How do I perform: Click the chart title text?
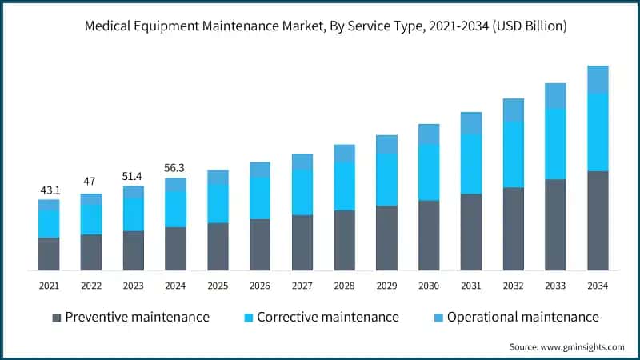pyautogui.click(x=320, y=26)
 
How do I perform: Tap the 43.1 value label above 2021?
pyautogui.click(x=49, y=190)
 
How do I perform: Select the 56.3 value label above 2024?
pyautogui.click(x=175, y=168)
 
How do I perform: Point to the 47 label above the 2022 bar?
pyautogui.click(x=91, y=182)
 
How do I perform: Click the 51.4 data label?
pyautogui.click(x=134, y=175)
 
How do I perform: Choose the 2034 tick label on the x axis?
pyautogui.click(x=598, y=286)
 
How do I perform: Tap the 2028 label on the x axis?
pyautogui.click(x=344, y=286)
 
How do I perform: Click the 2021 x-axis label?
pyautogui.click(x=49, y=286)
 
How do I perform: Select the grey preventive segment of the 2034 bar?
pyautogui.click(x=598, y=221)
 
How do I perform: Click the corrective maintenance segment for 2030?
pyautogui.click(x=429, y=172)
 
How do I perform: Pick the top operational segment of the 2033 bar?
pyautogui.click(x=556, y=95)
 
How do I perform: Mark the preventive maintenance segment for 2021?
pyautogui.click(x=49, y=254)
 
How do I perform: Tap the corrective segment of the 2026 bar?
pyautogui.click(x=260, y=198)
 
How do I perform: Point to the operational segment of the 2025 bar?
pyautogui.click(x=218, y=177)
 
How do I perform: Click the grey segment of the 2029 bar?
pyautogui.click(x=386, y=238)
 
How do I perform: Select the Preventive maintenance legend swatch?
pyautogui.click(x=57, y=318)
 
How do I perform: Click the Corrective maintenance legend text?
pyautogui.click(x=327, y=317)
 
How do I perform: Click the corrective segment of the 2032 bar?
pyautogui.click(x=514, y=154)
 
